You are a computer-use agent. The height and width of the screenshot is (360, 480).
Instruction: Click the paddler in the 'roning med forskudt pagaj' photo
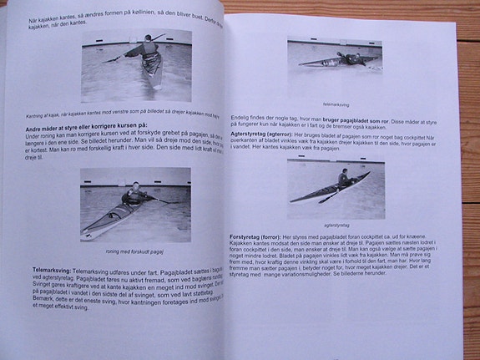click(x=134, y=194)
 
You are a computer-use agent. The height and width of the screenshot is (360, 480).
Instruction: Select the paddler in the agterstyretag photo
click(x=343, y=177)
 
